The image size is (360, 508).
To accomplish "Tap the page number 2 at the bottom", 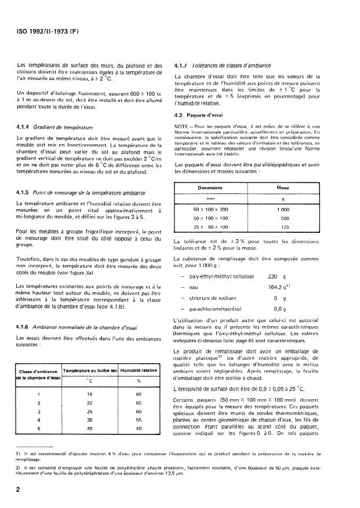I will tap(19, 489).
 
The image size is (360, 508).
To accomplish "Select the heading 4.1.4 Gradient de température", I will tap(52, 127).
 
